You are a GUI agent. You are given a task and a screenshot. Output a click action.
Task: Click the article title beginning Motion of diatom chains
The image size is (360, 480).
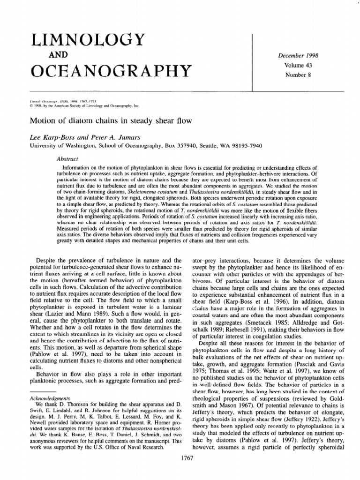tap(111, 122)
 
